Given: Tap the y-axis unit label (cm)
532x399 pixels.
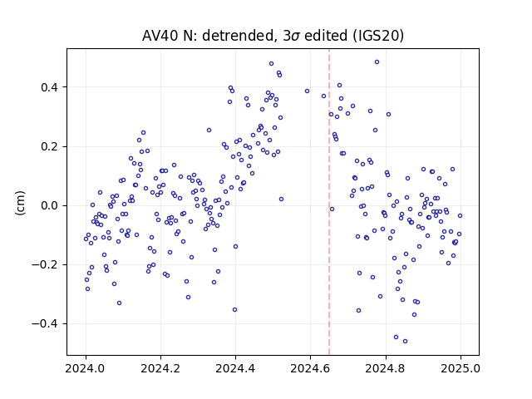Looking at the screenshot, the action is click(20, 203).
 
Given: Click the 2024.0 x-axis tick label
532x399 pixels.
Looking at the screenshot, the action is click(85, 368).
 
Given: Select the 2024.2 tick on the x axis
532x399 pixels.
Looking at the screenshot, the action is click(160, 368).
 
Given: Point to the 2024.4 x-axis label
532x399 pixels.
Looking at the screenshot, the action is click(235, 368).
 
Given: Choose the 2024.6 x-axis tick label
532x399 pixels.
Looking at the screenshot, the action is click(310, 368).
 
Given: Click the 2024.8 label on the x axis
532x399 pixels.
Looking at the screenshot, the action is click(385, 368).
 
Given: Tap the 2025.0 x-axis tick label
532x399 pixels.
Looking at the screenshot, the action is click(461, 368).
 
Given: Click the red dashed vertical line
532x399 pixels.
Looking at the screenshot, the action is click(329, 202).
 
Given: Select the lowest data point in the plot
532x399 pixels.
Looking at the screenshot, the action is click(405, 342).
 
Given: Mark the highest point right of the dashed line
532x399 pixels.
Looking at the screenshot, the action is click(377, 62).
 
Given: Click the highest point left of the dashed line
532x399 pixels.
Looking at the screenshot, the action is click(272, 64).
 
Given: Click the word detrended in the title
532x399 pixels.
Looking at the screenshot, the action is click(238, 36).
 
